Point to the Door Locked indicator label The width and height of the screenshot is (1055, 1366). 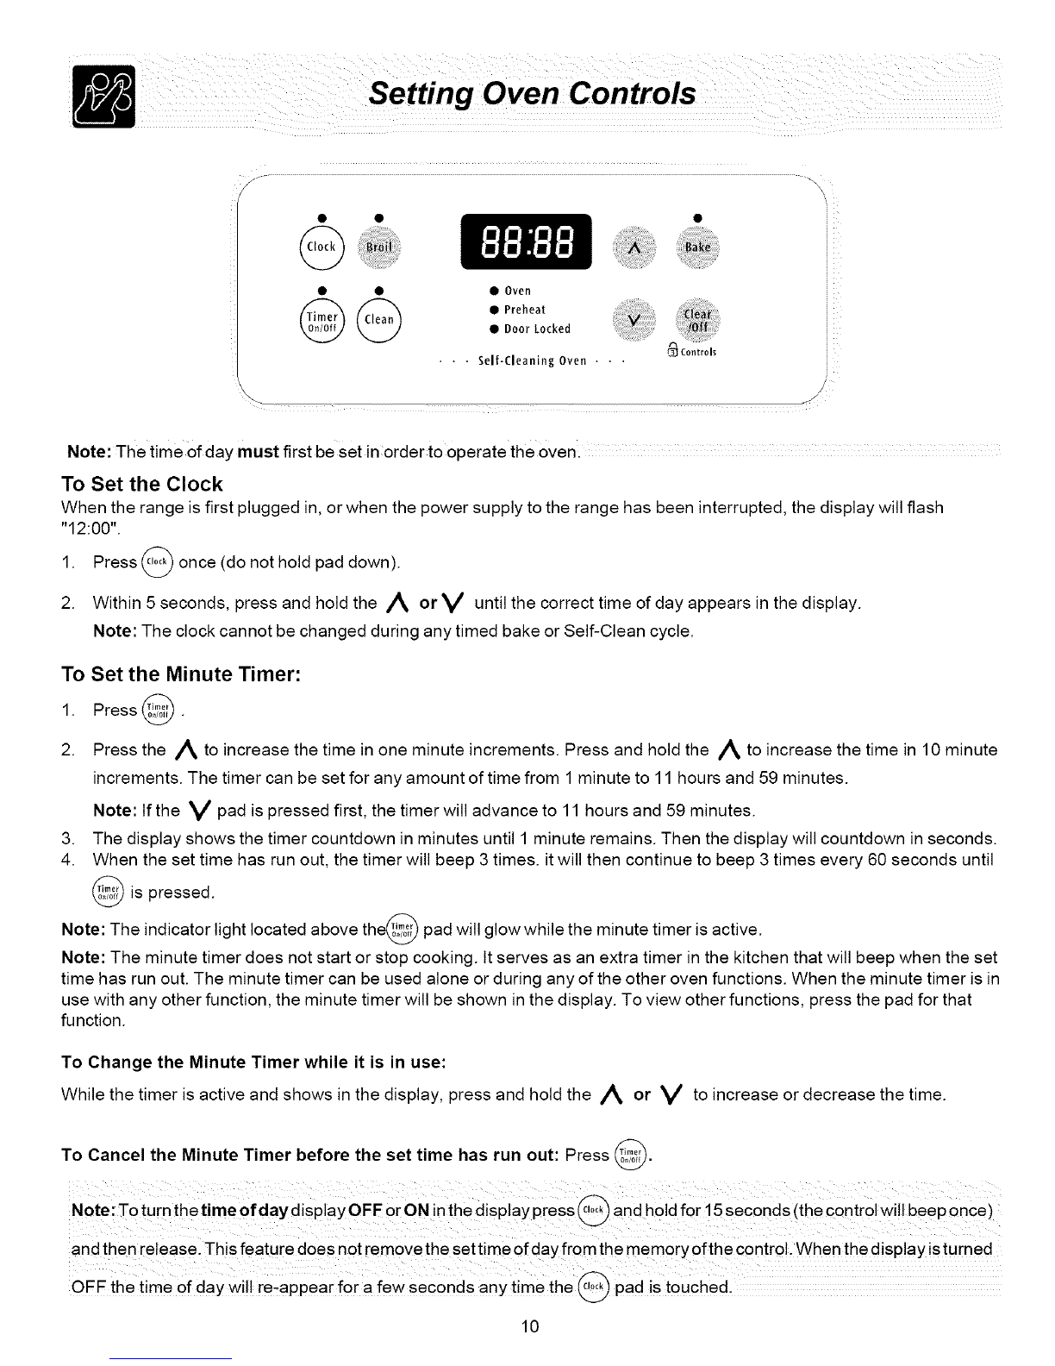pos(537,329)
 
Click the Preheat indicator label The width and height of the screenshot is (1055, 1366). pos(525,310)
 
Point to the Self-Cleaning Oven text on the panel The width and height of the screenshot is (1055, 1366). pos(532,360)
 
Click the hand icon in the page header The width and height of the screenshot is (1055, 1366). pos(103,97)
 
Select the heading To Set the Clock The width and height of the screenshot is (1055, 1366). pos(142,484)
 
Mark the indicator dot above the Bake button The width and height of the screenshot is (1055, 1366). pos(697,213)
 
